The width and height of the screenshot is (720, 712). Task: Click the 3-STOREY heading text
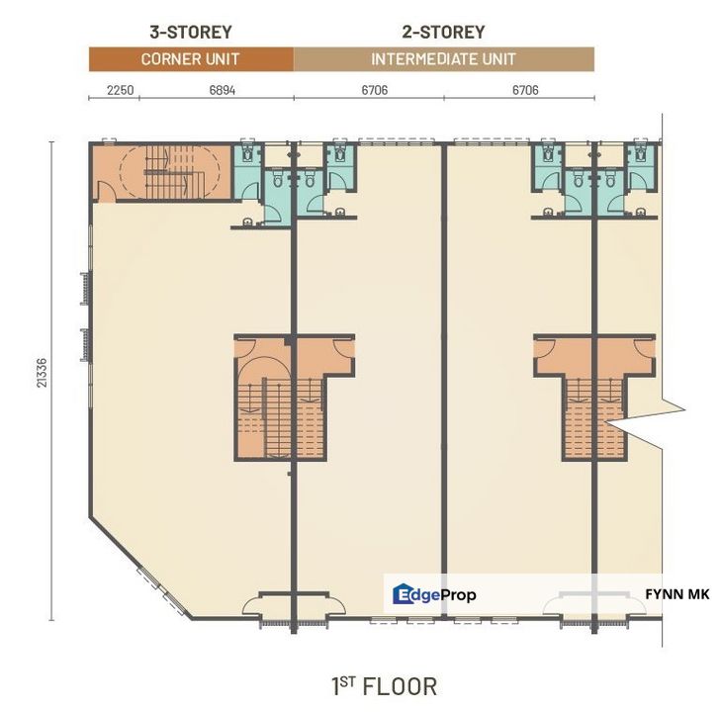190,33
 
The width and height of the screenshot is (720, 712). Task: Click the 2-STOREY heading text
444,33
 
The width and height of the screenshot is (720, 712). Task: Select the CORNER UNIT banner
191,59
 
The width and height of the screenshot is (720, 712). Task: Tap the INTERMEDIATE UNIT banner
444,59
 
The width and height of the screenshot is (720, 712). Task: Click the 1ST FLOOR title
384,685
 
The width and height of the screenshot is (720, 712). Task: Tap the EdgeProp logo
435,594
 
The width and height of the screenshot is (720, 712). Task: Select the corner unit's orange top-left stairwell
163,173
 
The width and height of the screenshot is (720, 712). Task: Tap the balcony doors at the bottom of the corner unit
293,605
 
